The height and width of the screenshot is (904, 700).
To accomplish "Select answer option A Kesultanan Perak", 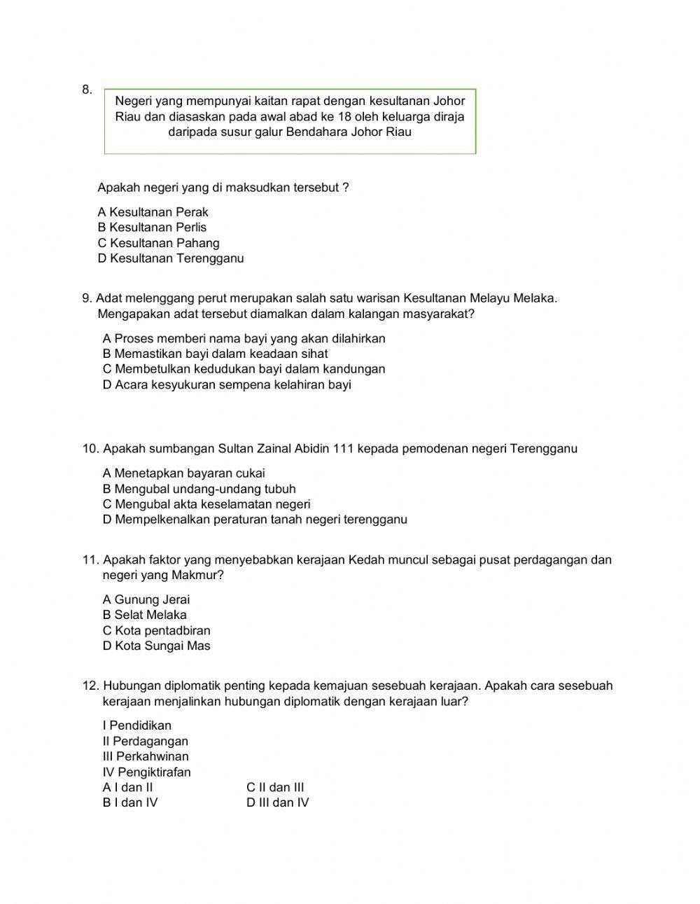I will [153, 212].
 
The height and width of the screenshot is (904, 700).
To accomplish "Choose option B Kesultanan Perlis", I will [152, 228].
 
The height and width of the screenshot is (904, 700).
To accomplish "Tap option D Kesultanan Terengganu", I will [171, 258].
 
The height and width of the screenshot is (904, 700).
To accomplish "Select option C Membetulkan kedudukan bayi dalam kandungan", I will [244, 369].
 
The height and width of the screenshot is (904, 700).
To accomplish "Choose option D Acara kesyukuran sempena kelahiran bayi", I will [227, 384].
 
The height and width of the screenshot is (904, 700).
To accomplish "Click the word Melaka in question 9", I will [534, 298].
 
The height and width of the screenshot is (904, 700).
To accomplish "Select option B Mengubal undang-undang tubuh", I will [199, 489].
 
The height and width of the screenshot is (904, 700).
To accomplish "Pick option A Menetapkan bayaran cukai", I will [183, 473].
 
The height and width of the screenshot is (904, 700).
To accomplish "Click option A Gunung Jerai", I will [146, 599].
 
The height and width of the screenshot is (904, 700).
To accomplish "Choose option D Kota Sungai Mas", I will [156, 646].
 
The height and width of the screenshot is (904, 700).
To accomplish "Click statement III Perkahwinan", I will [145, 756].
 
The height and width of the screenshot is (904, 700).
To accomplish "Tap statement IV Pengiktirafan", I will [146, 772].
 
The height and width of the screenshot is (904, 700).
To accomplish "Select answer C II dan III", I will [274, 787].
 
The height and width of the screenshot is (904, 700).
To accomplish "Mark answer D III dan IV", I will [277, 802].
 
